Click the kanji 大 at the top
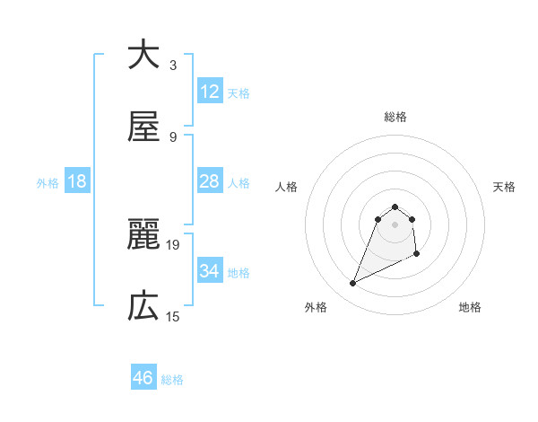[x=143, y=55]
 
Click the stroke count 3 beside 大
[x=172, y=65]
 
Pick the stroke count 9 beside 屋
[x=172, y=136]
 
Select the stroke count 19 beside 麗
[x=174, y=244]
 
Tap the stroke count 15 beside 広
[x=173, y=316]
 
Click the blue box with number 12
[x=210, y=91]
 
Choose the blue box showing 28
[x=210, y=180]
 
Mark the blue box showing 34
[x=210, y=270]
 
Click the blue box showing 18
[x=77, y=181]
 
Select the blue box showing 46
[x=143, y=378]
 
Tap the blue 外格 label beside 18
[x=48, y=182]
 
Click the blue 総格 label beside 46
[x=172, y=380]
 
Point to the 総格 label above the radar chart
[x=395, y=117]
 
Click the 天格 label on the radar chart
[x=505, y=187]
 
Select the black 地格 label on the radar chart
[x=470, y=308]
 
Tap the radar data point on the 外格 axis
[x=353, y=284]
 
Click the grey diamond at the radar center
[x=395, y=224]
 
